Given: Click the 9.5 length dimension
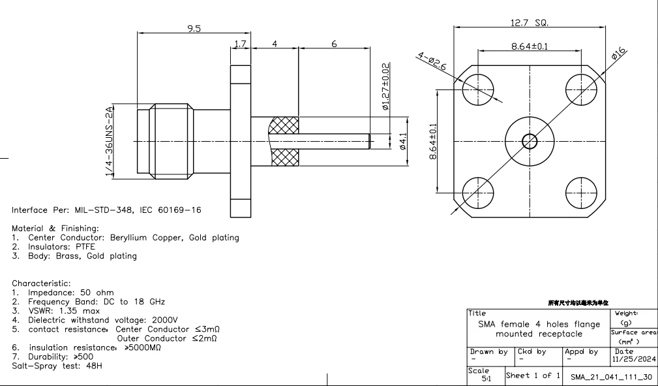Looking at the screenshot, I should [193, 28].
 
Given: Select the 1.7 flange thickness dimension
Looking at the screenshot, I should [240, 44].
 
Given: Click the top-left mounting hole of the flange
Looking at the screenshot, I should [475, 87].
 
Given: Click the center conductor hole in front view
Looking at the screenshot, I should [529, 140].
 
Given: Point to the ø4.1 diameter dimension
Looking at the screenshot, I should [402, 141].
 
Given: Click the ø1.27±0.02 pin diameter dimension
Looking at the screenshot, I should [385, 87].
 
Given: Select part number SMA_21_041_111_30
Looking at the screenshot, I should [611, 377].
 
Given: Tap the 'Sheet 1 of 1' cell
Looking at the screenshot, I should [533, 375].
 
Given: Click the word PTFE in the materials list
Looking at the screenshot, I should [83, 247].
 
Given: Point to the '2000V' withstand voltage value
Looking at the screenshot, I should [164, 320].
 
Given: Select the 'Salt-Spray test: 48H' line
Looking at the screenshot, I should [57, 366].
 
